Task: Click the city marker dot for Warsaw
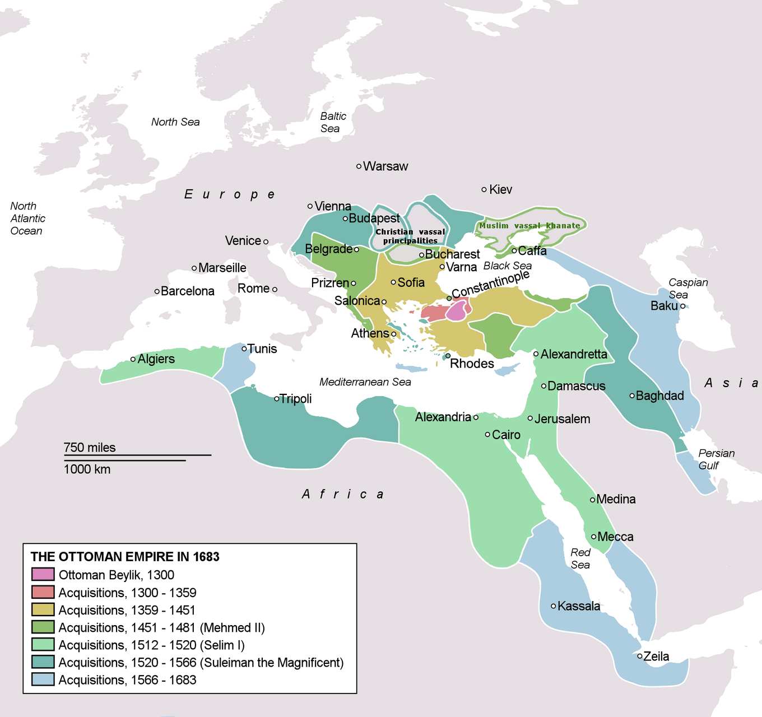click(359, 166)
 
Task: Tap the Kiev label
click(500, 189)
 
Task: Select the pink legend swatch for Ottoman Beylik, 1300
click(43, 574)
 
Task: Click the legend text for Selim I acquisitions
click(151, 645)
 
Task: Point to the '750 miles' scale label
click(90, 447)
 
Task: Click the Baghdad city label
click(659, 395)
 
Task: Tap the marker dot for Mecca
click(593, 537)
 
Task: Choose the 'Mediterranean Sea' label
click(365, 382)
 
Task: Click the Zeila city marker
click(639, 656)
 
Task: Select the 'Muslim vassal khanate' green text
click(529, 226)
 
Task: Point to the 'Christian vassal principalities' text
click(410, 236)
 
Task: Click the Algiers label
click(156, 358)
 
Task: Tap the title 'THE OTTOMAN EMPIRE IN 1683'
click(125, 556)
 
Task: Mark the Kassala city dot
click(553, 606)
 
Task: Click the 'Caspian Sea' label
click(687, 288)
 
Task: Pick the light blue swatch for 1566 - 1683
click(43, 679)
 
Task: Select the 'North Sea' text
click(175, 122)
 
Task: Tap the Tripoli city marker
click(276, 399)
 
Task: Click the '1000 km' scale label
click(87, 469)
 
